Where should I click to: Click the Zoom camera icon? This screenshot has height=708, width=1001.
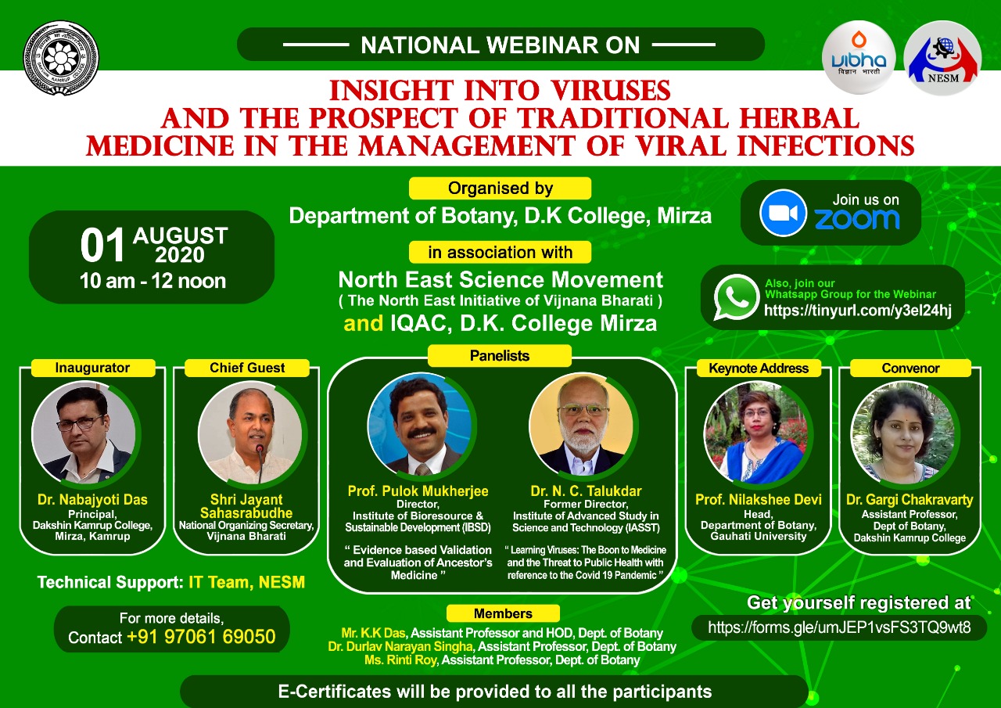[783, 213]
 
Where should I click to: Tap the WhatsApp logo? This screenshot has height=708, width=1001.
[736, 297]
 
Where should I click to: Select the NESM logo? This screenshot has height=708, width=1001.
[942, 58]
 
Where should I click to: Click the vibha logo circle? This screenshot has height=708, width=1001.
[859, 58]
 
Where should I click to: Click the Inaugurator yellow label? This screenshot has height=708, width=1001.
[92, 368]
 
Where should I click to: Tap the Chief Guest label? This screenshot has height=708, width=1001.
[247, 368]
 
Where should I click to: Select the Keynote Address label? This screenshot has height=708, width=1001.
[759, 368]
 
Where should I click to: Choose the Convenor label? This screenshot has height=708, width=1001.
[910, 368]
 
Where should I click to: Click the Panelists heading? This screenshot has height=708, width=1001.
[500, 356]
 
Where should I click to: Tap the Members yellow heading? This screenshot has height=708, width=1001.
[503, 613]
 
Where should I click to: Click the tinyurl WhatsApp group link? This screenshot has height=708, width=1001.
[858, 311]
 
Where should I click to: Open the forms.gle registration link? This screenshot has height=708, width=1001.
[839, 627]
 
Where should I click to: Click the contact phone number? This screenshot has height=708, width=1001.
[201, 637]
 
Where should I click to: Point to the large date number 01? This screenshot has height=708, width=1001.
[102, 246]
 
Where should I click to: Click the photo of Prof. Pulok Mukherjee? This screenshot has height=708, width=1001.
[420, 424]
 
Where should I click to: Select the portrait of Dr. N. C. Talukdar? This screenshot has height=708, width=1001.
[583, 424]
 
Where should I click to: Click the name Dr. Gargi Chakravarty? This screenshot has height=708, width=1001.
[910, 499]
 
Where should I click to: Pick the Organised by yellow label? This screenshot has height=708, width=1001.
[500, 189]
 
